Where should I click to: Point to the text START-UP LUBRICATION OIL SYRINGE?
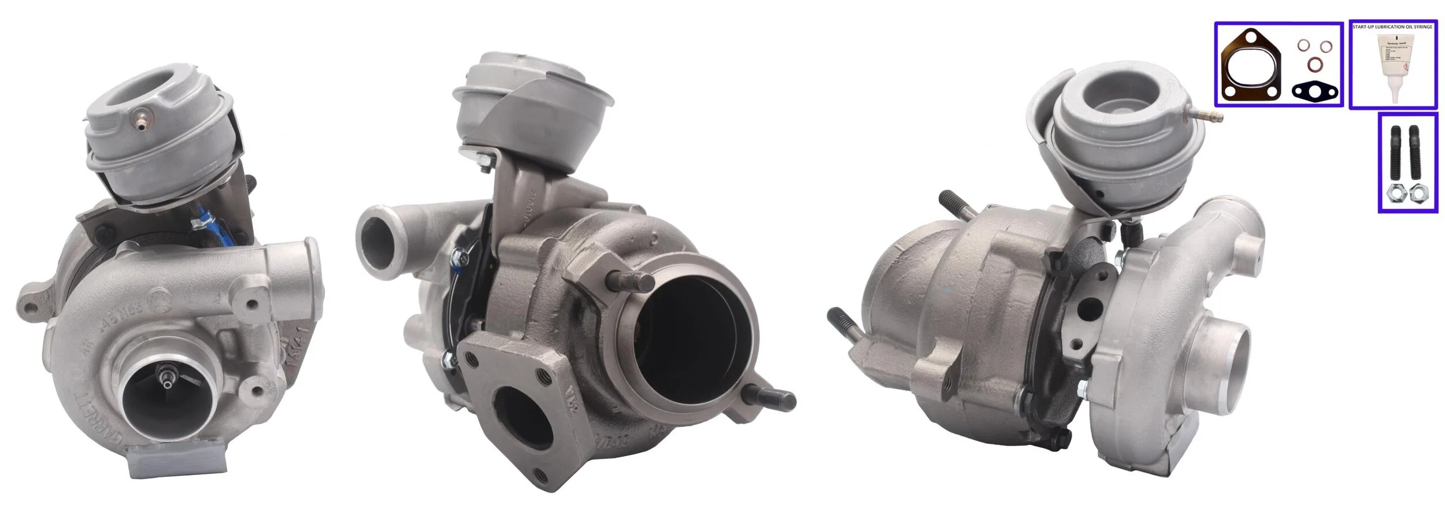tap(1392, 27)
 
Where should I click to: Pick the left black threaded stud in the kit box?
tap(1394, 153)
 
